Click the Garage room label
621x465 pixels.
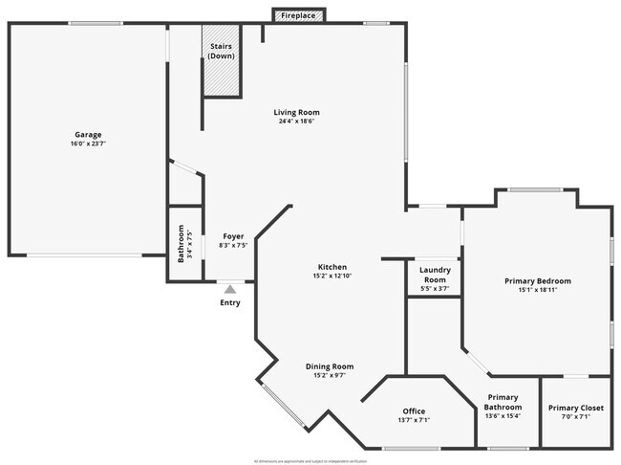pyautogui.click(x=88, y=135)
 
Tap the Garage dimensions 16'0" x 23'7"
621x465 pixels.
pyautogui.click(x=88, y=144)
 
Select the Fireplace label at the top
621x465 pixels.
pyautogui.click(x=299, y=16)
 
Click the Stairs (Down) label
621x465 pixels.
pyautogui.click(x=221, y=51)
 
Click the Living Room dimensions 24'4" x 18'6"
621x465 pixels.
pyautogui.click(x=297, y=122)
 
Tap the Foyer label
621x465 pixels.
pyautogui.click(x=233, y=236)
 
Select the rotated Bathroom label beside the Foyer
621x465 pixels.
pyautogui.click(x=180, y=243)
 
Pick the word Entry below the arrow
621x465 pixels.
pyautogui.click(x=230, y=303)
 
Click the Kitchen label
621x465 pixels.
pyautogui.click(x=332, y=267)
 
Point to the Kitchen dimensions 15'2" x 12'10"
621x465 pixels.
pyautogui.click(x=332, y=277)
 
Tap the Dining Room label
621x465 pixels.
pyautogui.click(x=330, y=365)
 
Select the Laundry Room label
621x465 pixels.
pyautogui.click(x=434, y=274)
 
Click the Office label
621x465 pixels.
pyautogui.click(x=414, y=411)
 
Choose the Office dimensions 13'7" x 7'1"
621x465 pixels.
pyautogui.click(x=414, y=421)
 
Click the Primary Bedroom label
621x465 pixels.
pyautogui.click(x=537, y=280)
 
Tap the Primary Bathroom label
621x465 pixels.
pyautogui.click(x=503, y=402)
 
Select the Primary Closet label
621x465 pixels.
pyautogui.click(x=576, y=408)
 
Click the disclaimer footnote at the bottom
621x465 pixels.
pyautogui.click(x=310, y=460)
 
